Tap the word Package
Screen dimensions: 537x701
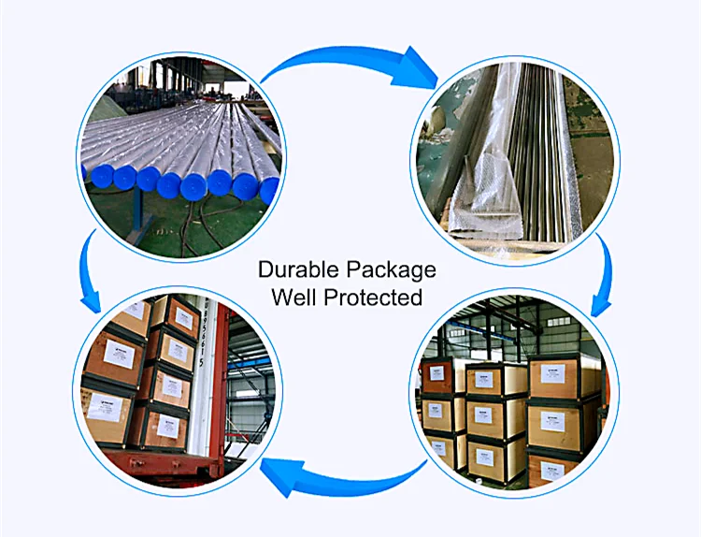[392, 271]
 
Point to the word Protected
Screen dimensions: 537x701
[374, 298]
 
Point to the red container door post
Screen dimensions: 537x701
[222, 393]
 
